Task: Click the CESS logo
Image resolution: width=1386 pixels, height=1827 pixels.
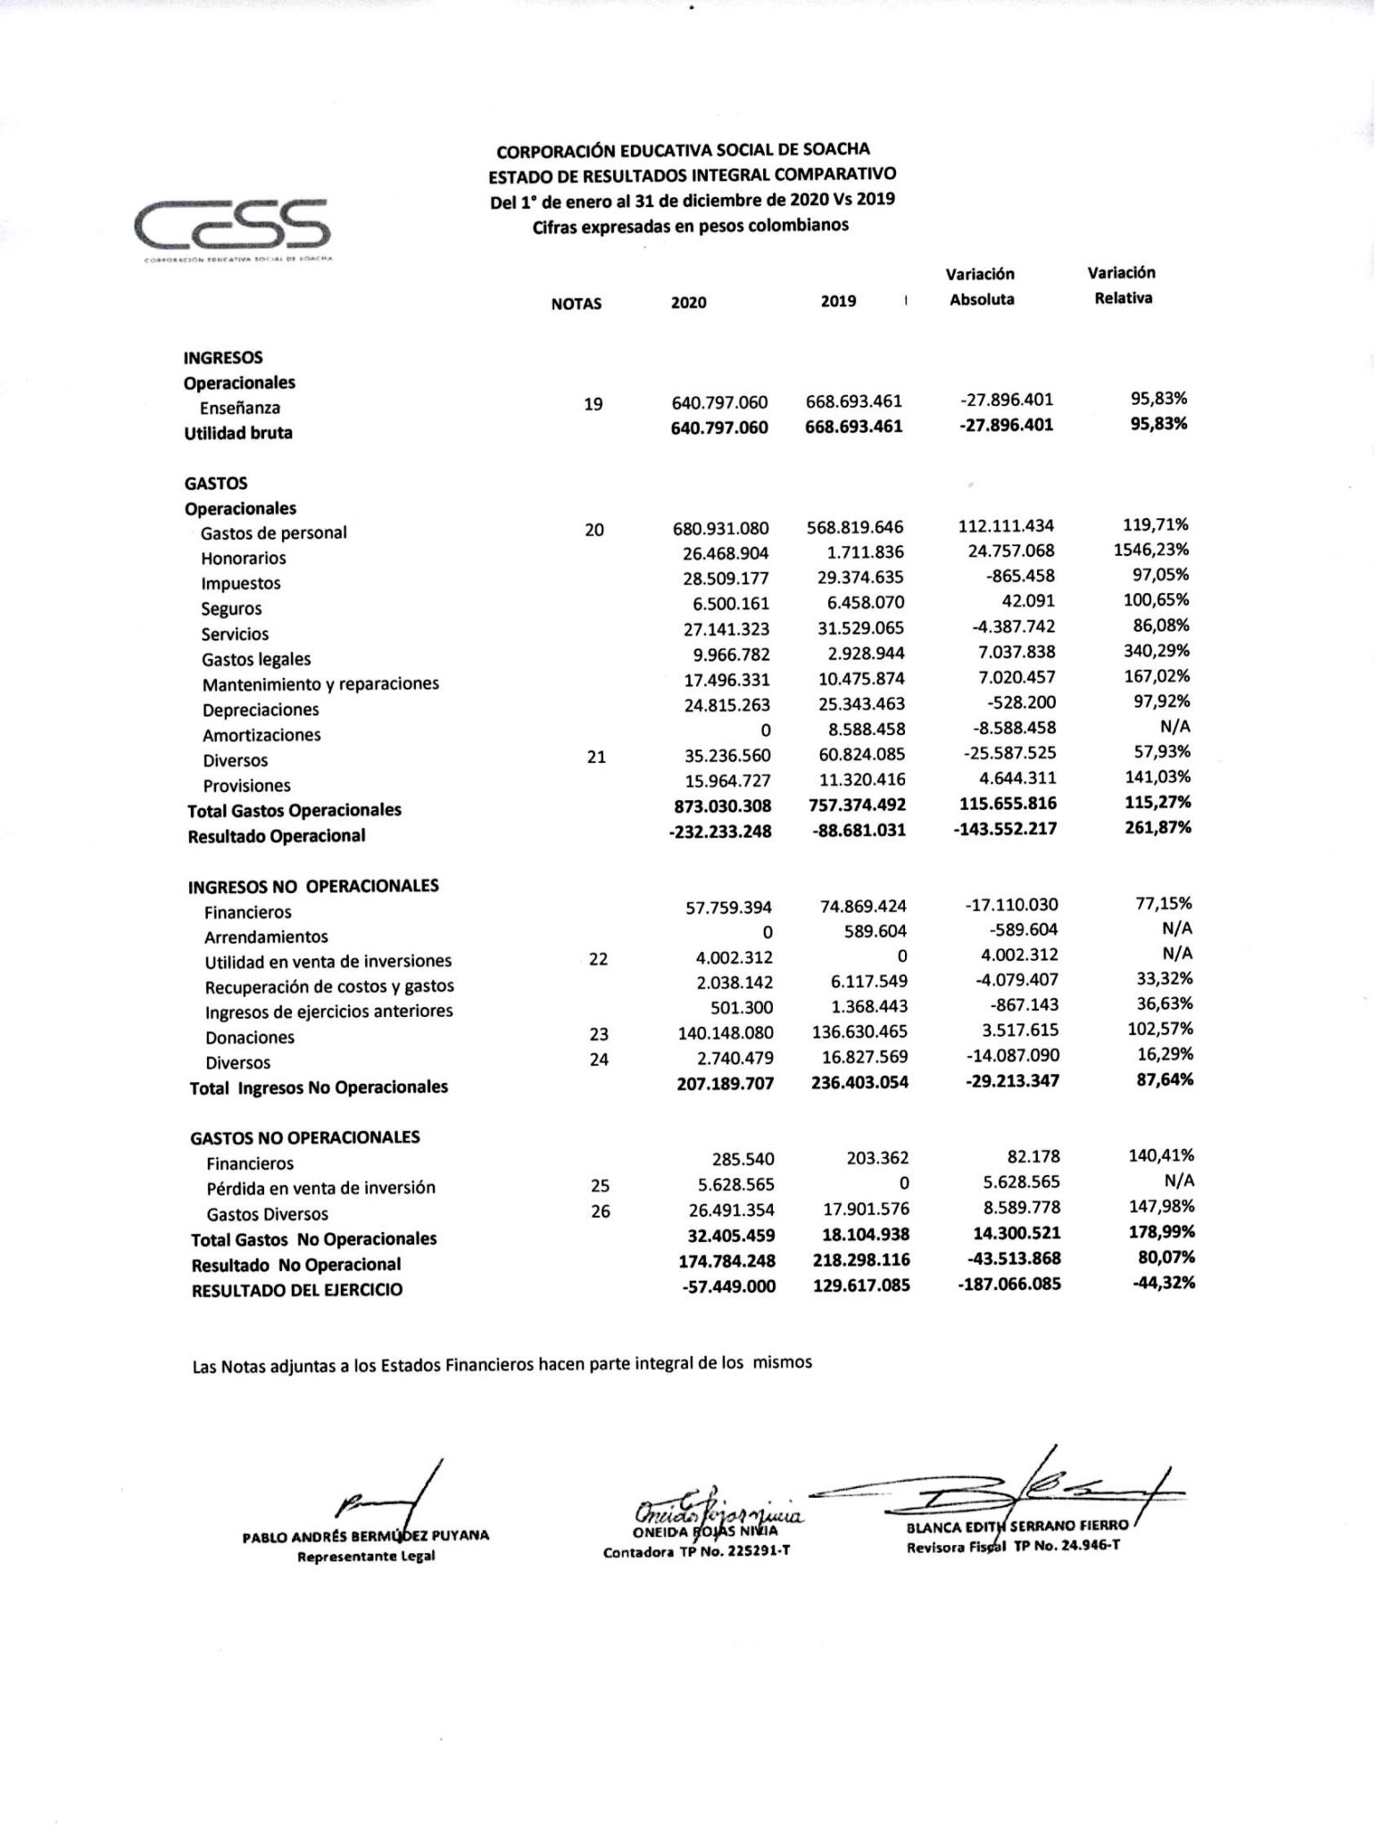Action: tap(233, 225)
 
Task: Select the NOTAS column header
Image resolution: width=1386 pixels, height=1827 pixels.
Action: tap(576, 303)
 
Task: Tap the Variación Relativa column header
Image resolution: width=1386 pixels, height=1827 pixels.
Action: tap(1122, 285)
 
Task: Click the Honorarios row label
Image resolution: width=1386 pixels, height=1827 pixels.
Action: tap(243, 558)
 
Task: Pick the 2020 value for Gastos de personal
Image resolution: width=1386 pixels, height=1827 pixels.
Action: tap(720, 529)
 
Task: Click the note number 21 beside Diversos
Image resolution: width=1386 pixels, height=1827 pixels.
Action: tap(595, 756)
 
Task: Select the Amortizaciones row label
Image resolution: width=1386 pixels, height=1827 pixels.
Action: tap(261, 735)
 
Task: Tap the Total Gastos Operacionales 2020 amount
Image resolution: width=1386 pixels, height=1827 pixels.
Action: tap(720, 806)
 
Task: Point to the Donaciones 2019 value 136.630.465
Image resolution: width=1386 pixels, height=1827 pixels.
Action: tap(862, 1031)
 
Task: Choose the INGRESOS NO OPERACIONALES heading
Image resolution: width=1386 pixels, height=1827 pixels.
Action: tap(312, 886)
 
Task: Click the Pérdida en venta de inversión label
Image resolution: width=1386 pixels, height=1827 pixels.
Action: tap(320, 1188)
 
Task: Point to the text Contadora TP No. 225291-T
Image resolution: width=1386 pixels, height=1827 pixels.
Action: tap(696, 1551)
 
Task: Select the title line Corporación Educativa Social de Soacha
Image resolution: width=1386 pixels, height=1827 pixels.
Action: tap(683, 150)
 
